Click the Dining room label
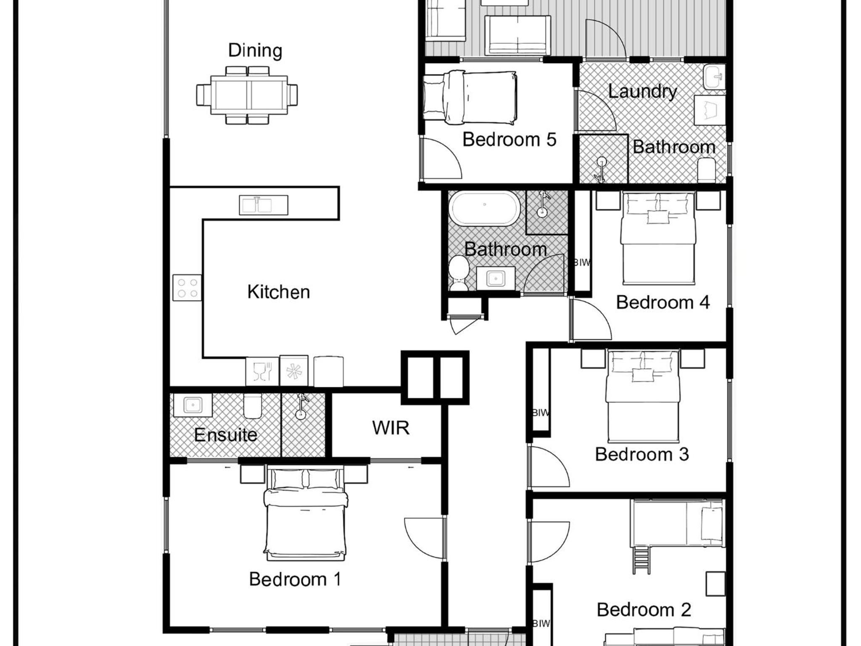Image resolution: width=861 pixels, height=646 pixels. pyautogui.click(x=255, y=50)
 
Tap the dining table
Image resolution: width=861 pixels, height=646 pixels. pyautogui.click(x=249, y=95)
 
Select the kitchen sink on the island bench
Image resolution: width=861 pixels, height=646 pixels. pyautogui.click(x=264, y=205)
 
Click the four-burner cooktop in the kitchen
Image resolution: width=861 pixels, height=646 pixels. pyautogui.click(x=187, y=288)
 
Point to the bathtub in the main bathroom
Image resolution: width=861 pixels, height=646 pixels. pyautogui.click(x=484, y=209)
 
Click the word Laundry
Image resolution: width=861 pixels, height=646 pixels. pyautogui.click(x=642, y=91)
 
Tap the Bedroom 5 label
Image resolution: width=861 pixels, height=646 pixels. pyautogui.click(x=509, y=139)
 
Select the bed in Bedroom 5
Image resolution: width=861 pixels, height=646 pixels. pyautogui.click(x=470, y=98)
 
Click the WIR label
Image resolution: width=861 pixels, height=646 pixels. pyautogui.click(x=391, y=428)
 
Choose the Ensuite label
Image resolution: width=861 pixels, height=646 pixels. pyautogui.click(x=226, y=435)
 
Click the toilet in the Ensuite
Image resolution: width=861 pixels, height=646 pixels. pyautogui.click(x=252, y=406)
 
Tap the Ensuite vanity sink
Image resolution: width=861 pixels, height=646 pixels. pyautogui.click(x=193, y=405)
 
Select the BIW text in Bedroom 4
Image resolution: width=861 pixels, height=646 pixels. pyautogui.click(x=582, y=263)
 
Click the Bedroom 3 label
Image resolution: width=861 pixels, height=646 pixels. pyautogui.click(x=642, y=455)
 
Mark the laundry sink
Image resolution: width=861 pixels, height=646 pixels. pyautogui.click(x=715, y=77)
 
